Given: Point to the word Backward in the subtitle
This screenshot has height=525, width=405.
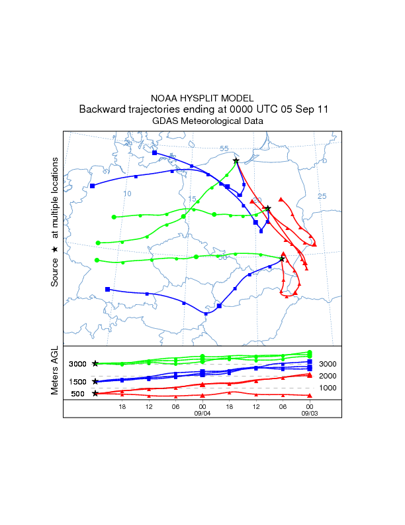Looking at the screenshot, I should [x=101, y=109].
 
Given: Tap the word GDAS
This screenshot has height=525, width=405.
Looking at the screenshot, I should [x=165, y=121].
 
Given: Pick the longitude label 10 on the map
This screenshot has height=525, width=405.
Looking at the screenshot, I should [x=128, y=194].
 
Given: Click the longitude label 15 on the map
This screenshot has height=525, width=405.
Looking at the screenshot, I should [x=192, y=199].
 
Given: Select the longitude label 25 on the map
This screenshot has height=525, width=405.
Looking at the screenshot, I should [x=322, y=196].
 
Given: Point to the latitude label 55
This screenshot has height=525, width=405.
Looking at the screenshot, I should [x=224, y=148].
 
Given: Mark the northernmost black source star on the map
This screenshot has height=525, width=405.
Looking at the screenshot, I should [x=236, y=160].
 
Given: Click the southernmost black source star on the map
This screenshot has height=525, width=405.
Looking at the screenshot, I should [x=282, y=259].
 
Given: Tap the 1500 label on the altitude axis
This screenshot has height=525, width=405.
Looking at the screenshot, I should [x=78, y=382].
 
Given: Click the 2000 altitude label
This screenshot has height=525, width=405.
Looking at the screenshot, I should [x=328, y=376].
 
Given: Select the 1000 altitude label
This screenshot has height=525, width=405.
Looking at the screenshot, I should [x=328, y=388].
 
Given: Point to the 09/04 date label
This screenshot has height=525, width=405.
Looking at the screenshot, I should [x=202, y=413].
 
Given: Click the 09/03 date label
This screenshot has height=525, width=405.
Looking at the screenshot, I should [x=309, y=413].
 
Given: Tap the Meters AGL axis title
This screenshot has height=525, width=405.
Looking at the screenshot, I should [x=56, y=372].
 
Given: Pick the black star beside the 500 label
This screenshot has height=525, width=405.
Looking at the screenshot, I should [x=95, y=394].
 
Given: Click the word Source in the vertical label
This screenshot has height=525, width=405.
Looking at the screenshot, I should [x=56, y=272].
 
